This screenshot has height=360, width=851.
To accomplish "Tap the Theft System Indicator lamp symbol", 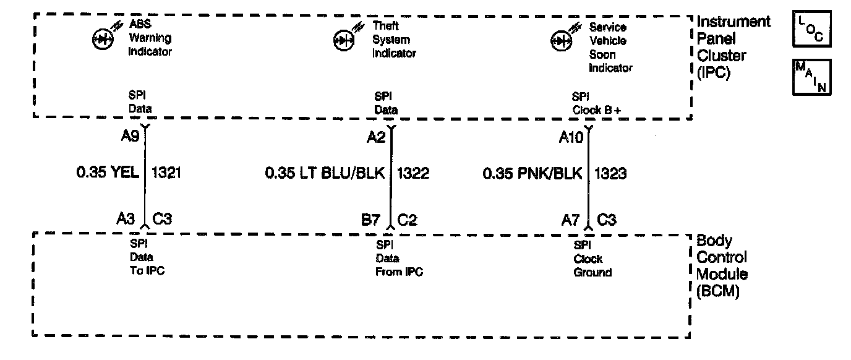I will (x=342, y=41).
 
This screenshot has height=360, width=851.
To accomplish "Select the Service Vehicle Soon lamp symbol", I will (x=559, y=41).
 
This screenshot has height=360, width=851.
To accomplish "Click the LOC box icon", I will (x=811, y=30).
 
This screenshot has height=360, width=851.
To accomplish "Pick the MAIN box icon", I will (x=811, y=77).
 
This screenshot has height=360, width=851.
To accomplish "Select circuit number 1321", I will (x=165, y=174).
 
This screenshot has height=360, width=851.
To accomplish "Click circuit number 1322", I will (x=413, y=174).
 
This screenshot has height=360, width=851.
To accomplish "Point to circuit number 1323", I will (x=610, y=174).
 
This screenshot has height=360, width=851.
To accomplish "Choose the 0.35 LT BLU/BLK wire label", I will (x=325, y=174).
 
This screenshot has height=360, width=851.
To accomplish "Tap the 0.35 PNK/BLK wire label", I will (x=532, y=174).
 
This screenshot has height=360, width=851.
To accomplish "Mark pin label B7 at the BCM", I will (x=371, y=220).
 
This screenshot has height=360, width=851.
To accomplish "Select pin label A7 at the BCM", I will (x=570, y=220).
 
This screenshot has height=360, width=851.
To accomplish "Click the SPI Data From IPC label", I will (x=399, y=259).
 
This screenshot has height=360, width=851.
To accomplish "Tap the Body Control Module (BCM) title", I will (x=722, y=267).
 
